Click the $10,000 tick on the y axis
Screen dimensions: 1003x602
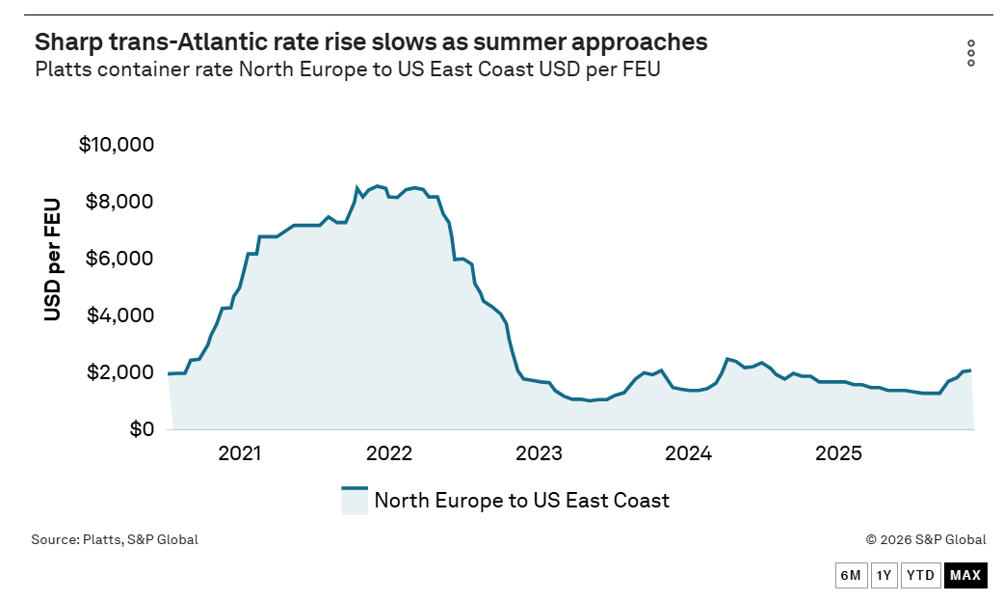click(x=117, y=144)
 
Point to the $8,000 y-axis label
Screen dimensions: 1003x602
click(x=119, y=201)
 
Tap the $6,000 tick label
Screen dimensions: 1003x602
click(x=119, y=259)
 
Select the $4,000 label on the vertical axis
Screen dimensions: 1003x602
click(x=119, y=315)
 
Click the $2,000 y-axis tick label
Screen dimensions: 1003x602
click(x=119, y=372)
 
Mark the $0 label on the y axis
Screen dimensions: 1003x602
click(x=142, y=429)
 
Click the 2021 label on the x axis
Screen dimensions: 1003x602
click(x=240, y=453)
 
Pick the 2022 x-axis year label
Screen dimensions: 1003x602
click(x=389, y=453)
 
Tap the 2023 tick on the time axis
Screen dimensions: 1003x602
click(x=539, y=453)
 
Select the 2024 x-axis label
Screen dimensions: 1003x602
click(x=688, y=453)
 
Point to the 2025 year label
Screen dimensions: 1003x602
click(x=838, y=453)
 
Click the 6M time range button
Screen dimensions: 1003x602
click(x=851, y=575)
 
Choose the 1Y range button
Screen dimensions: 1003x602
click(x=884, y=575)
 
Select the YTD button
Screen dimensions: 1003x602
click(x=921, y=575)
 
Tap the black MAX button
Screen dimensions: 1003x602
click(x=965, y=575)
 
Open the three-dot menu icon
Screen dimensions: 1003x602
click(x=971, y=53)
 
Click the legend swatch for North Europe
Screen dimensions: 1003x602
click(x=355, y=500)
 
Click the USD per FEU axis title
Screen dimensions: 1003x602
click(x=52, y=260)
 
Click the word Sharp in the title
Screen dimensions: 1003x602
click(x=68, y=42)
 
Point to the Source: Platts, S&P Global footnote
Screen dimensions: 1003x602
click(x=115, y=540)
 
